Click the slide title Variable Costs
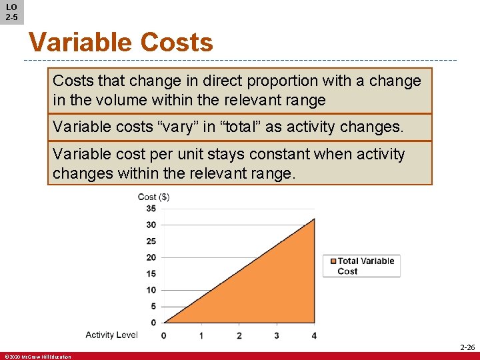[121, 43]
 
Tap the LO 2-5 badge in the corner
[11, 12]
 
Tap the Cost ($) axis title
[153, 197]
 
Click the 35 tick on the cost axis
[151, 209]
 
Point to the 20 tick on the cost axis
[151, 257]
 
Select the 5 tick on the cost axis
[153, 307]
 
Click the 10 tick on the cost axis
[151, 290]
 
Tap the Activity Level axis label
[111, 335]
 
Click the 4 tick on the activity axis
[314, 335]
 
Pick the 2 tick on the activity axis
[239, 335]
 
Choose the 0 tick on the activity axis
[164, 335]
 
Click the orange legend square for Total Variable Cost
[331, 261]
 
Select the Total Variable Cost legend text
[366, 266]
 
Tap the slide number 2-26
[467, 347]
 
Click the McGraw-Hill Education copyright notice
[37, 357]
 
